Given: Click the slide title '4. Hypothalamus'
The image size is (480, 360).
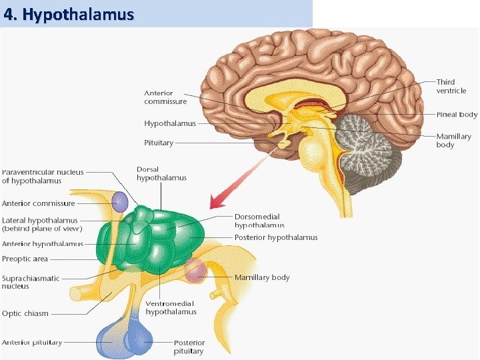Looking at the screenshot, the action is tap(69, 14).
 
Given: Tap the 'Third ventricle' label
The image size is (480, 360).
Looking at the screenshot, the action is tap(451, 86).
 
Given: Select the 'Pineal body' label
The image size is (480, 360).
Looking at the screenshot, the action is tap(457, 115).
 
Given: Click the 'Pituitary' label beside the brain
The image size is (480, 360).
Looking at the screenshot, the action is tap(159, 143).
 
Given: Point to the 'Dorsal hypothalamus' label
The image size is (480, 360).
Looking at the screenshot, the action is tap(161, 173).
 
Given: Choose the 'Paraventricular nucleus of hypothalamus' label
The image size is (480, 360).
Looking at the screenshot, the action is tap(43, 176).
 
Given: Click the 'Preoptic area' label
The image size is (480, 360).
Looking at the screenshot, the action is tap(25, 259).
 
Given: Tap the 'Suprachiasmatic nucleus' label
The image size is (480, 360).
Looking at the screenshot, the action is tap(31, 282).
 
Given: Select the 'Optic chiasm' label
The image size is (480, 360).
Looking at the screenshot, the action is tap(25, 313).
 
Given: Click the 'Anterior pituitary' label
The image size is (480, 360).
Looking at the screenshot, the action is tap(32, 342).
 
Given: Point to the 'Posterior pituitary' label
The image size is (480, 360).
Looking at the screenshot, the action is tap(189, 347).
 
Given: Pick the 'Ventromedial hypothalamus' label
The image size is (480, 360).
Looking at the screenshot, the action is tap(171, 307).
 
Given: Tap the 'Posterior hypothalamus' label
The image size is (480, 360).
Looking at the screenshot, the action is tap(276, 237).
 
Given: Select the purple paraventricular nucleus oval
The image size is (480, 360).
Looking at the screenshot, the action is tap(119, 202).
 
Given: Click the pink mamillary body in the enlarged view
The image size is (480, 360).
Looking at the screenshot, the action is tap(195, 271).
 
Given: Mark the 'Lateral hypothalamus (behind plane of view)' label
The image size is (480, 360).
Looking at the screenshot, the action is tap(42, 224).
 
